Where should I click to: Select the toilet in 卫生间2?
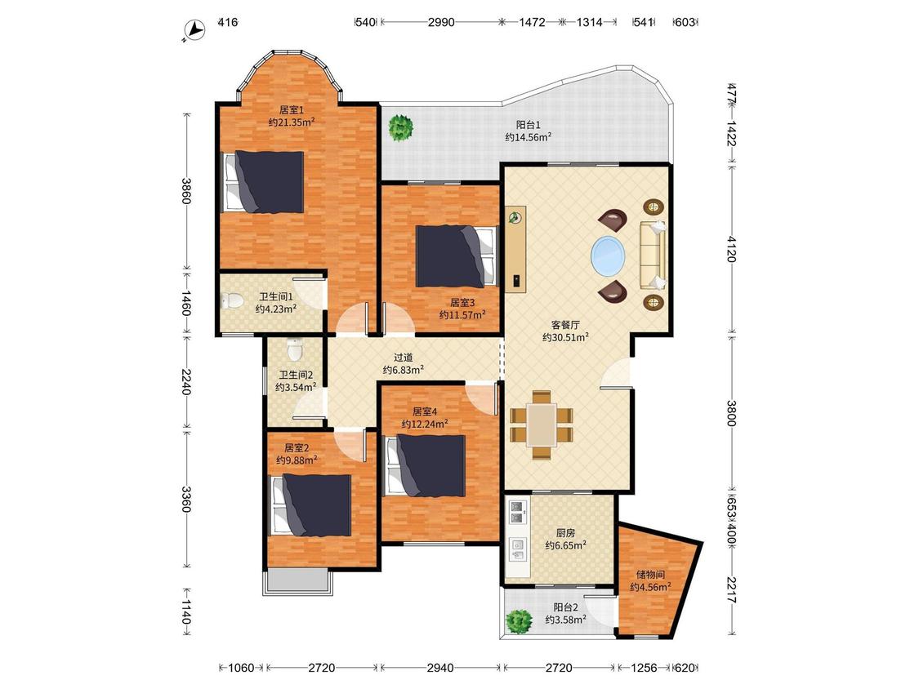pos(295,351)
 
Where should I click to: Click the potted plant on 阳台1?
pos(400,127)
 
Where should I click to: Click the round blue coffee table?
pos(608,256)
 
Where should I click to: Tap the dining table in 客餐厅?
pos(542,425)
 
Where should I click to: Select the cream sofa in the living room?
pos(653,256)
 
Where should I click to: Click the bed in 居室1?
pos(264,181)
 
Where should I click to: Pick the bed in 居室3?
pos(457,256)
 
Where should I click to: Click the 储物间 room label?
pos(650,575)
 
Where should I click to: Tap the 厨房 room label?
pos(565,533)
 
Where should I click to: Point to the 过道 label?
pos(404,358)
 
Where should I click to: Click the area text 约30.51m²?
pos(565,337)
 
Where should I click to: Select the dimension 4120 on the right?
pos(731,249)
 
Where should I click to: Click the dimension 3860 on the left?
pos(185,191)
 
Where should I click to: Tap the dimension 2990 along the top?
pos(441,22)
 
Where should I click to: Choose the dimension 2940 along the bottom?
pos(440,667)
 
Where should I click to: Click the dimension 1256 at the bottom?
pos(645,667)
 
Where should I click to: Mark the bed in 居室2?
pos(310,505)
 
